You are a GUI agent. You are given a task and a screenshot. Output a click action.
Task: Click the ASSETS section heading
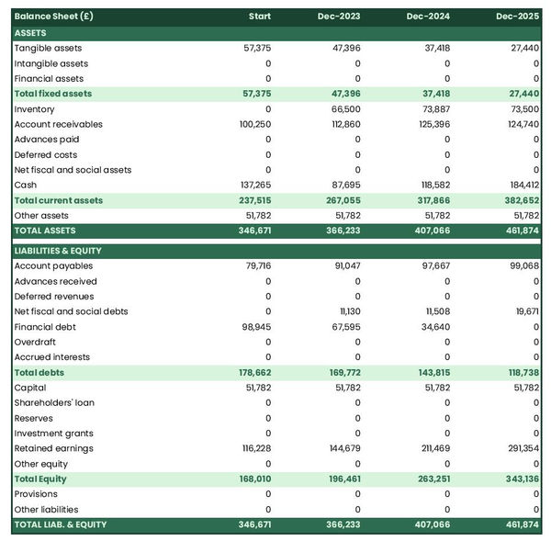30,33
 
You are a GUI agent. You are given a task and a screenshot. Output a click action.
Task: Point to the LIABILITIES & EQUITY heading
58,251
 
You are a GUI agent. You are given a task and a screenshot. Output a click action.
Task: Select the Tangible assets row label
48,48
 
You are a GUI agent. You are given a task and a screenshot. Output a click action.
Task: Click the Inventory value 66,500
345,109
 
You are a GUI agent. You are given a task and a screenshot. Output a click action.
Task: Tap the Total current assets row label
59,200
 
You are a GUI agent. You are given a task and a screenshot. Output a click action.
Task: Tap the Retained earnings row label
53,448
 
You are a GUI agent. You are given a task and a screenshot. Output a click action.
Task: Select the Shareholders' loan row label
54,402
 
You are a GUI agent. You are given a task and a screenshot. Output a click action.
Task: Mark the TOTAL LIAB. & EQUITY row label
61,524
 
